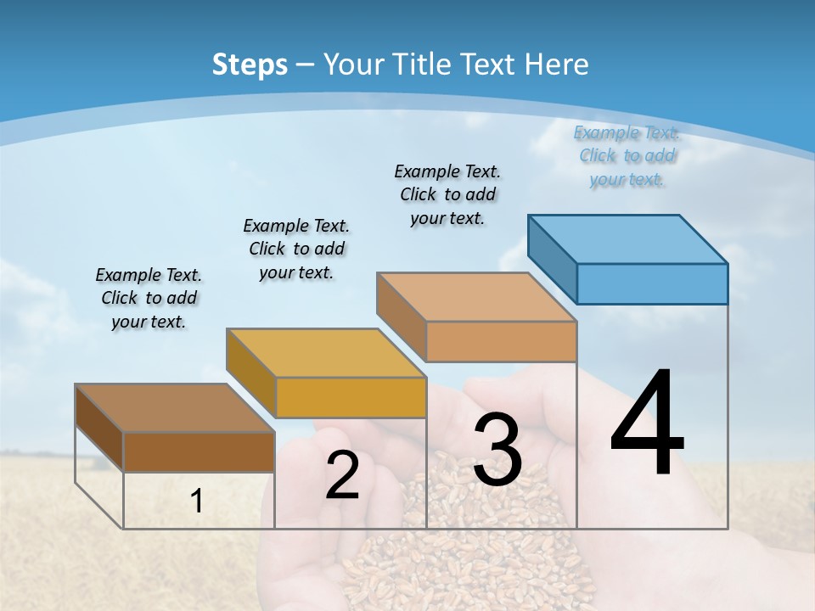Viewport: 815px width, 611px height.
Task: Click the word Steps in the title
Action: pos(250,64)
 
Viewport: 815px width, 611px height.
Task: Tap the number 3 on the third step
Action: pos(497,450)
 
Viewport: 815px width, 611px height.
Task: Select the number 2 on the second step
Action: pos(342,476)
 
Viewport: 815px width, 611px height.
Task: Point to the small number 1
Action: pos(197,502)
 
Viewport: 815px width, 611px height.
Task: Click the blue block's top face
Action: pos(628,238)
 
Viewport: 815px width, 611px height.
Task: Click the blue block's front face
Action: pos(652,283)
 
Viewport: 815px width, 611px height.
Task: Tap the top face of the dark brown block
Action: pos(175,408)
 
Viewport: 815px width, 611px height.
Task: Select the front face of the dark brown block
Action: pos(199,451)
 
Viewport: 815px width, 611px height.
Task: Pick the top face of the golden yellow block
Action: pos(326,352)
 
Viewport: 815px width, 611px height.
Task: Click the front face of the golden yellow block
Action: pos(351,397)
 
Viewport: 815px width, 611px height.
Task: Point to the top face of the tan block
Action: pos(476,297)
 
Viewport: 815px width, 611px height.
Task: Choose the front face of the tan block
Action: pos(501,341)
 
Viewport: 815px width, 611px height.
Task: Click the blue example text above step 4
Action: pos(627,156)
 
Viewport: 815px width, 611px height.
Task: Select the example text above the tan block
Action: pos(447,194)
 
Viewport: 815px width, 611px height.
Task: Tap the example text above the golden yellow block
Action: pos(296,249)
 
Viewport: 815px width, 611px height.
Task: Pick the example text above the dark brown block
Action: pos(149,298)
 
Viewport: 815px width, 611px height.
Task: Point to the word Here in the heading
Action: pos(557,64)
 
